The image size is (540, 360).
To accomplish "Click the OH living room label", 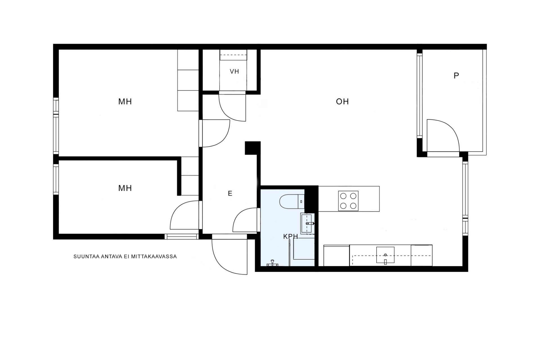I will coord(342,102).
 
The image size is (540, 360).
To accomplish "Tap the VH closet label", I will coord(234,71).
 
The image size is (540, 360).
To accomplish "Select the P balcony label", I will coord(456,76).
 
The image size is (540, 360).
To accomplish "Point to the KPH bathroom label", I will coord(290,237).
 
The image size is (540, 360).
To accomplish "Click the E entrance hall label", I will coord(230,193).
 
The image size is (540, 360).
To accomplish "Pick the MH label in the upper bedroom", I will coord(125,102).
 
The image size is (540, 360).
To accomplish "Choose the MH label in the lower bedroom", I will coord(125,188).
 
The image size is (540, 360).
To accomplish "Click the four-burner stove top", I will coord(348,201).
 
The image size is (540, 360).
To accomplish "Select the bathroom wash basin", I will coord(307,224).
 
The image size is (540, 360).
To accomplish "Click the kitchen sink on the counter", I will coord(385,255).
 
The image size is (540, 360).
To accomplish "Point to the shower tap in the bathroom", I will coord(272,263).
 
